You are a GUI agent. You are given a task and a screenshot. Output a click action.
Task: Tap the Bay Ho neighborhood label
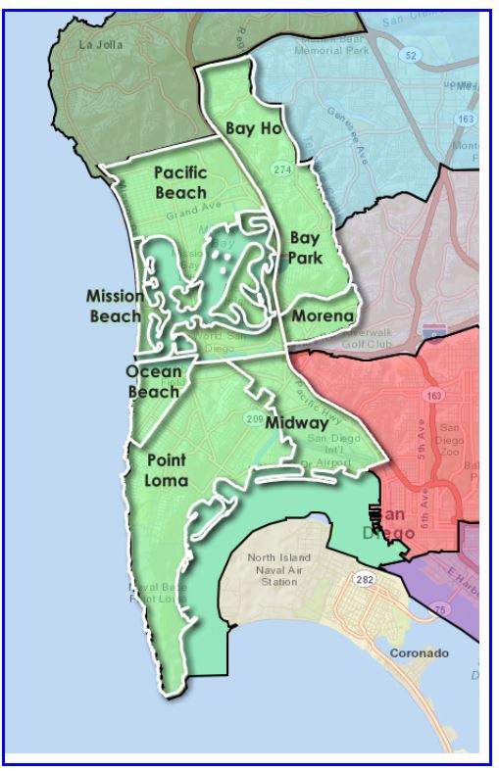[x=253, y=128]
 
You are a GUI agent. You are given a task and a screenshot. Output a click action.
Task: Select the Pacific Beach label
[x=180, y=182]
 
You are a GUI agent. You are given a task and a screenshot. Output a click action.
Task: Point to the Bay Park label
[x=305, y=248]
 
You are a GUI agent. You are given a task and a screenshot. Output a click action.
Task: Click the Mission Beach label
[x=115, y=306]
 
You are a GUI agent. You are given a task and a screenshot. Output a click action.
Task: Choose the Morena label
[x=322, y=316]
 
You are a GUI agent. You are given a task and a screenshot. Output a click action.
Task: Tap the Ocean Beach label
[x=153, y=381]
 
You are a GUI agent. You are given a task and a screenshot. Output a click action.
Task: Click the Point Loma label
[x=167, y=469]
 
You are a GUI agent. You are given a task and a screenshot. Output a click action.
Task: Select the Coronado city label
[x=419, y=652]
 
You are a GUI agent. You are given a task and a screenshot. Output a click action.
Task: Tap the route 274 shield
[x=282, y=170]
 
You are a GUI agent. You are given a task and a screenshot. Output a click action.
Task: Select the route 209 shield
[x=254, y=420]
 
